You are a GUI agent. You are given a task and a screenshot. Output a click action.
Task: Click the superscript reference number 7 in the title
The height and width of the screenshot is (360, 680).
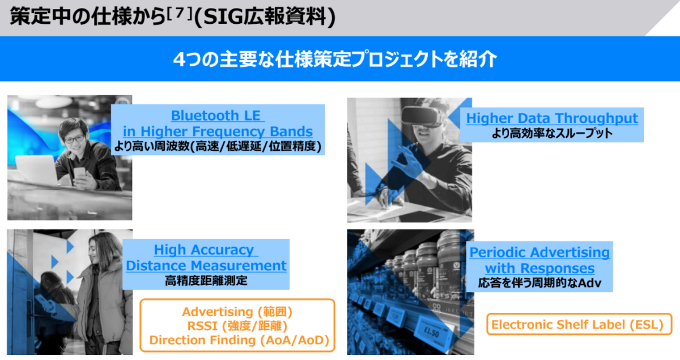(x=180, y=14)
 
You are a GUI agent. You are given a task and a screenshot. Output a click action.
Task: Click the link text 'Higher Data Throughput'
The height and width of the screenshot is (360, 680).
(x=552, y=118)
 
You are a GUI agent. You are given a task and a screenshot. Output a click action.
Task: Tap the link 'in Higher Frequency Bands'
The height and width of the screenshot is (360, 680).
(x=218, y=132)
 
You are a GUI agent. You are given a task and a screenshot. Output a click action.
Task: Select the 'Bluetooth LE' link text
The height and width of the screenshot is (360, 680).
(x=215, y=116)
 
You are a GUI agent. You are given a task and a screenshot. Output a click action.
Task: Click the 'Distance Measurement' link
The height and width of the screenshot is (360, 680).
(x=206, y=265)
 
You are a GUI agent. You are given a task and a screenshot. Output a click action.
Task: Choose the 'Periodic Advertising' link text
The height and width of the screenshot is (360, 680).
(x=539, y=252)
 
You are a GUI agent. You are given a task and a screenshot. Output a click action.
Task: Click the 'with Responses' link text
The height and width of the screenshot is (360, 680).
(x=539, y=268)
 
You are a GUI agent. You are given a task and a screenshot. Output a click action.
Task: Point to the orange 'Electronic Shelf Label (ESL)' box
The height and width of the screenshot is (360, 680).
(x=579, y=324)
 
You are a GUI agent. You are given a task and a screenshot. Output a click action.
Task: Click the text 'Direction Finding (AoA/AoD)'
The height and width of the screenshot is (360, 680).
(x=239, y=340)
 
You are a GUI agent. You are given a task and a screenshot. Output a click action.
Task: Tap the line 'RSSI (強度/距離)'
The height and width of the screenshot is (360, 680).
(x=237, y=326)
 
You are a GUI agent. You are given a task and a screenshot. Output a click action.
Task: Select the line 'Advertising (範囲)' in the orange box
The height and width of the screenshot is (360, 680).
(x=237, y=312)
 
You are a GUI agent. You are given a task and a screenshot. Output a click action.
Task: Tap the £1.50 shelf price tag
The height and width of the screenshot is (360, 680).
(x=431, y=332)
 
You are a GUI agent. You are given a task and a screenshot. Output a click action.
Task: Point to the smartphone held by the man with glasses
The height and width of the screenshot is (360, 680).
(x=79, y=175)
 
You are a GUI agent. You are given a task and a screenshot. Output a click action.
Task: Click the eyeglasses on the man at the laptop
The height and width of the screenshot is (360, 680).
(x=74, y=139)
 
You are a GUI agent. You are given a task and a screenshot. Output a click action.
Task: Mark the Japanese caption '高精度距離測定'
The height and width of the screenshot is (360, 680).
(x=206, y=281)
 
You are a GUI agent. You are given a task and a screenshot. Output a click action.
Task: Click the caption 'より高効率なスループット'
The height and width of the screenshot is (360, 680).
(x=552, y=133)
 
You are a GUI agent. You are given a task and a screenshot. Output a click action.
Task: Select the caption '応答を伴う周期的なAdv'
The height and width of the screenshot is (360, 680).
(x=539, y=283)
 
